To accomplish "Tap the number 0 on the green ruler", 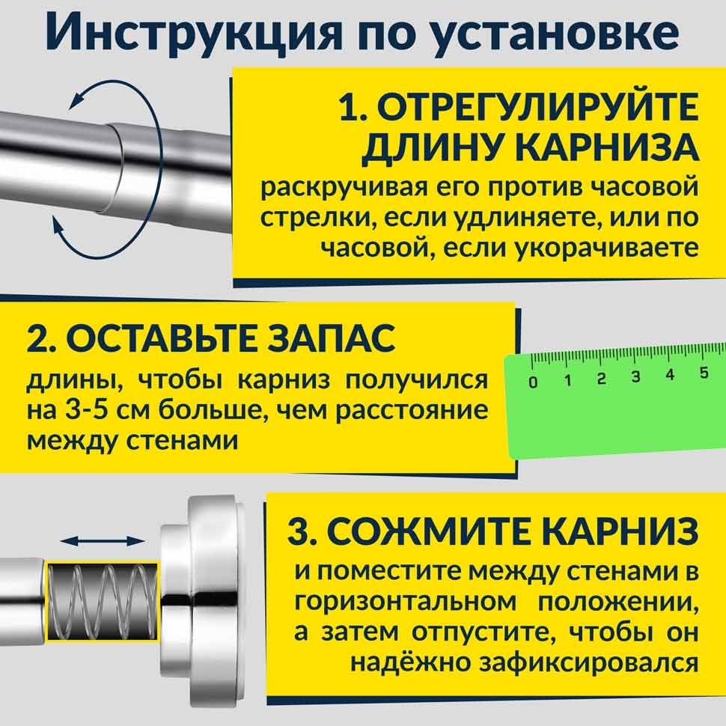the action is tap(533, 382).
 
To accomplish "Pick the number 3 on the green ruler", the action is tap(635, 376).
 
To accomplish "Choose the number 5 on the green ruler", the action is tap(704, 372).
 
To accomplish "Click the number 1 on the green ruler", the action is tap(567, 381).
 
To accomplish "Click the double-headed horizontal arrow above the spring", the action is tap(103, 541).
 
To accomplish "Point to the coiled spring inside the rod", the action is tap(103, 602).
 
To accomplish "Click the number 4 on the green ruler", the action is tap(670, 374).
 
